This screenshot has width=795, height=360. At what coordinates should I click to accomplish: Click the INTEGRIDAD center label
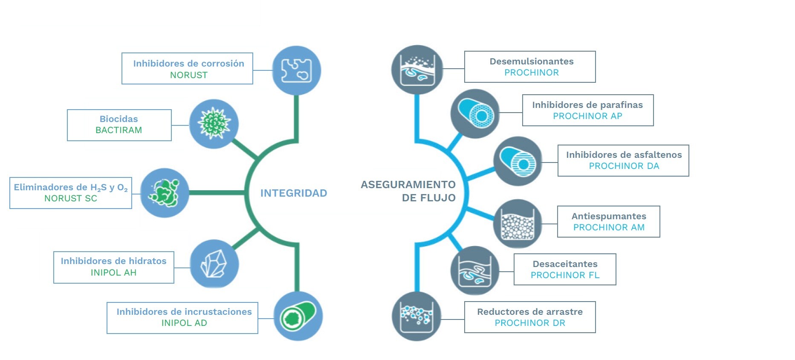[294, 193]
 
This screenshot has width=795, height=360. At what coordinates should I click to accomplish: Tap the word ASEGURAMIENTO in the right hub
[408, 185]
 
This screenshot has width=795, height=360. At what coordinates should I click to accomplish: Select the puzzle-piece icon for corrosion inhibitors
[297, 70]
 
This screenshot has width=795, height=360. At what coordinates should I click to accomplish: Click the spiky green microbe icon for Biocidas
[214, 124]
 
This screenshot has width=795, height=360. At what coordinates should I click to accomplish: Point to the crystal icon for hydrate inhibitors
[214, 264]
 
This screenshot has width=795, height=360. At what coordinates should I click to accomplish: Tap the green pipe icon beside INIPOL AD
[298, 316]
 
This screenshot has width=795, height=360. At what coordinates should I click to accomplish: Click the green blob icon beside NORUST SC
[165, 193]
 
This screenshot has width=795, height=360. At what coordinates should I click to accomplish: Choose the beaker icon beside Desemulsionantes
[417, 70]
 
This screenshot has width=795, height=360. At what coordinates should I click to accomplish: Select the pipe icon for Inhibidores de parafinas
[475, 113]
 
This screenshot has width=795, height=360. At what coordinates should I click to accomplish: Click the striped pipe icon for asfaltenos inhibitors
[518, 161]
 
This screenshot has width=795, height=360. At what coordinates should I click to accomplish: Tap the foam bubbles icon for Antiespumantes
[517, 224]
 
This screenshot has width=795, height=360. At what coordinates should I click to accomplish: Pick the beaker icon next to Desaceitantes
[475, 270]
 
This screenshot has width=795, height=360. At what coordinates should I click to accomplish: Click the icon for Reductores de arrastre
[416, 316]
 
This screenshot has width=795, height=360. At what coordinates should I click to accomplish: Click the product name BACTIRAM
[119, 130]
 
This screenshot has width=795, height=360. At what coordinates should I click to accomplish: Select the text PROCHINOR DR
[530, 323]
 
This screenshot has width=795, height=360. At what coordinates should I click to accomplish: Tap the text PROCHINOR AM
[609, 227]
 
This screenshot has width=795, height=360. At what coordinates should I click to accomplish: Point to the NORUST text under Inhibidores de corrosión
[189, 75]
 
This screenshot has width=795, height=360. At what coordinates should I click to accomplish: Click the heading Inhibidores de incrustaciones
[184, 312]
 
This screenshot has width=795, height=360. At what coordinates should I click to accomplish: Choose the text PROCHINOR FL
[565, 275]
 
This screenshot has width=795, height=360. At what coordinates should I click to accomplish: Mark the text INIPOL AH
[113, 273]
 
